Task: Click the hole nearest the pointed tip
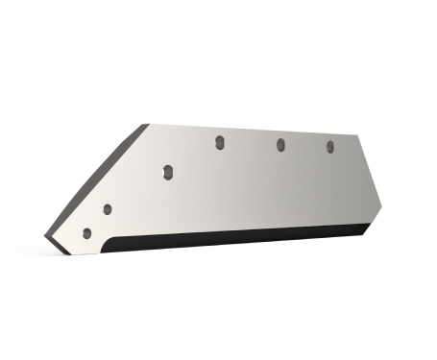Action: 87,233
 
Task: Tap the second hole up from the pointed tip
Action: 107,209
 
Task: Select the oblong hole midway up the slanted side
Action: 166,172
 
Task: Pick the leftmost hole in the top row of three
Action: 220,143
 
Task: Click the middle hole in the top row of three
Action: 280,145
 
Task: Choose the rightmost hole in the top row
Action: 330,147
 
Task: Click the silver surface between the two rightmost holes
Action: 305,147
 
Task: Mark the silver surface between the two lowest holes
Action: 97,222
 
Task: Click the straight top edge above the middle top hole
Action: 280,127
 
